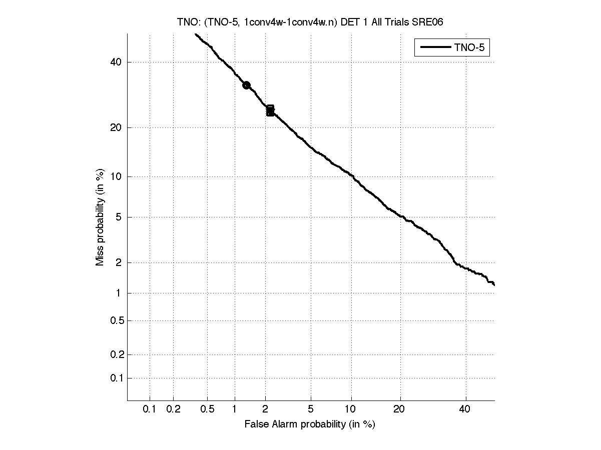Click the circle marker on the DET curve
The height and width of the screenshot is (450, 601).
coord(246,85)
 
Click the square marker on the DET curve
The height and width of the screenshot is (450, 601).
coord(270,111)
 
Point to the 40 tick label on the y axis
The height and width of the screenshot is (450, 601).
coord(117,62)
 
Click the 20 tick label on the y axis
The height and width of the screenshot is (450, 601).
coord(117,127)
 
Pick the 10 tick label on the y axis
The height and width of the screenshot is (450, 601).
coord(117,176)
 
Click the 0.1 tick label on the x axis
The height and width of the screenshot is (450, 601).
coord(150,409)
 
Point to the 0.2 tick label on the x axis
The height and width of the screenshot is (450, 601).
coord(173,409)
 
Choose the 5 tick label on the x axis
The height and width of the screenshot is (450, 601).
coord(311,409)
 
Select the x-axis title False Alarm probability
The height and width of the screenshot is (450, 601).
coord(310,424)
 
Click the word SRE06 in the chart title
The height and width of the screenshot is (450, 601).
coord(427,21)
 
